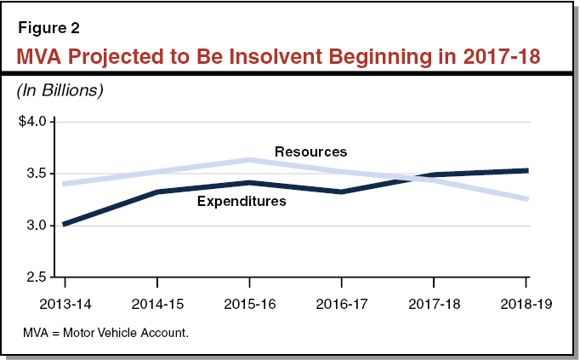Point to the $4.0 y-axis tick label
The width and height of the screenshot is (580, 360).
tap(36, 122)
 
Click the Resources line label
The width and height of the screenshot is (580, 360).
tap(310, 151)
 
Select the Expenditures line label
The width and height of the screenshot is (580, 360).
tap(241, 202)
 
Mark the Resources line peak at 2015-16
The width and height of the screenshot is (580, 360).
tap(249, 160)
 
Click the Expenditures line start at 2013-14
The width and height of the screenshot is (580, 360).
tap(65, 225)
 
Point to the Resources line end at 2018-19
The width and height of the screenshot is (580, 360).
tap(526, 199)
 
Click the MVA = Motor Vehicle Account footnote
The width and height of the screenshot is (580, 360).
tap(105, 332)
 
